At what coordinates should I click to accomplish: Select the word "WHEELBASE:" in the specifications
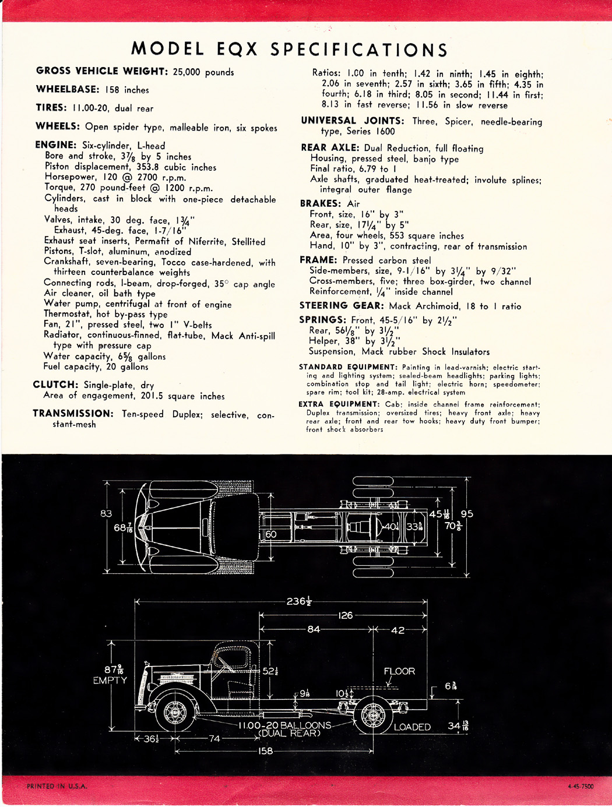click(x=68, y=89)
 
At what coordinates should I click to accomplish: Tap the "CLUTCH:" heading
click(x=55, y=385)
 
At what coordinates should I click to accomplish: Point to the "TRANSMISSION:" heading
click(x=73, y=413)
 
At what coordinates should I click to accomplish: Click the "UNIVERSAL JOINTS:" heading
click(x=352, y=121)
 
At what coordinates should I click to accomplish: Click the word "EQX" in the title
click(x=237, y=50)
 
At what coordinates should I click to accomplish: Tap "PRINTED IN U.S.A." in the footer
click(x=57, y=786)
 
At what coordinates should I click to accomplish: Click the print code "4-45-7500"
click(x=580, y=786)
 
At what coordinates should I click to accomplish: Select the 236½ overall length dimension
click(x=298, y=601)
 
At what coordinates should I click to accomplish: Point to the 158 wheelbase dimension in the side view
click(x=265, y=751)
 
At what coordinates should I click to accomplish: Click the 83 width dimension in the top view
click(x=106, y=513)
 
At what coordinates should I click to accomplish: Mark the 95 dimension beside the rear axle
click(x=467, y=514)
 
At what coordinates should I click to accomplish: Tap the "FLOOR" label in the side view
click(x=399, y=671)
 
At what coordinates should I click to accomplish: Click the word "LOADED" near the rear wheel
click(x=412, y=727)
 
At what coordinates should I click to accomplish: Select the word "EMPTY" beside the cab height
click(x=110, y=680)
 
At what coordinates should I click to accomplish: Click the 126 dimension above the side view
click(x=345, y=615)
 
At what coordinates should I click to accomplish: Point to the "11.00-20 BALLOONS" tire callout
click(x=284, y=725)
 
